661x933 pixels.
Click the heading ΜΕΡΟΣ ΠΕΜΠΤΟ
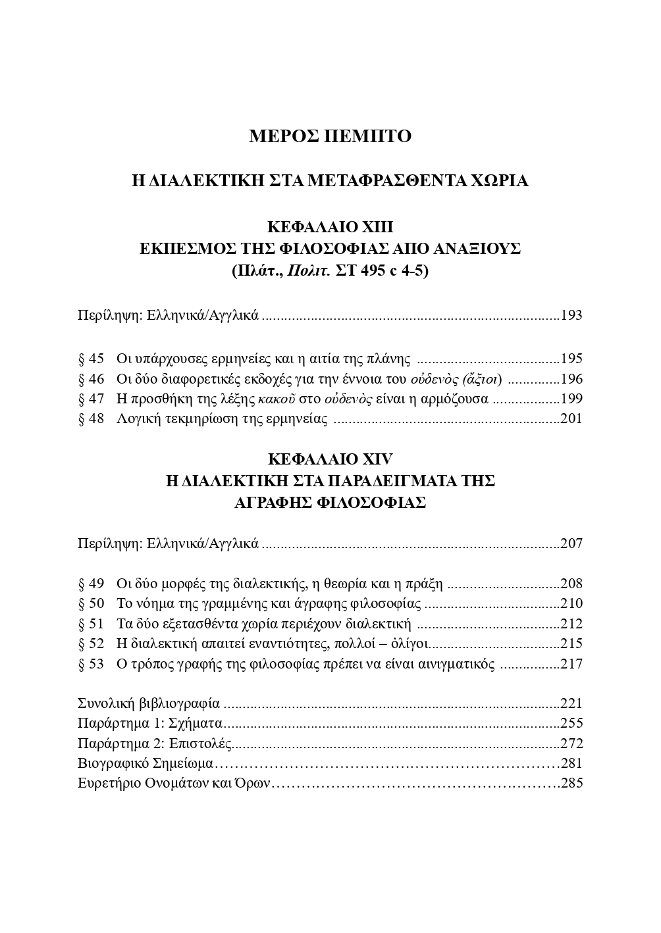(330, 136)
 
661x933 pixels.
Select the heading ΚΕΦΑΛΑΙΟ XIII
(330, 227)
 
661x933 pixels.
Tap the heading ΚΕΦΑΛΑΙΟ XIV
(330, 459)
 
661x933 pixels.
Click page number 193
(571, 315)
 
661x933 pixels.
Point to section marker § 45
(91, 359)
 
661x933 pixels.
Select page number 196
(571, 379)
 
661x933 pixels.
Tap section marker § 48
(91, 419)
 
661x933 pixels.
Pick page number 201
(571, 419)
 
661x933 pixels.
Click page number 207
(571, 544)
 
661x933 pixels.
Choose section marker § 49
(91, 584)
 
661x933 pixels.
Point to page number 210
(571, 603)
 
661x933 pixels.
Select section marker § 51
(91, 624)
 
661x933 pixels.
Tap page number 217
(571, 664)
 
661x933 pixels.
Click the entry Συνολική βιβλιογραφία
(149, 703)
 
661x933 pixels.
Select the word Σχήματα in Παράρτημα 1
(198, 724)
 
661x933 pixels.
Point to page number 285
(571, 784)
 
